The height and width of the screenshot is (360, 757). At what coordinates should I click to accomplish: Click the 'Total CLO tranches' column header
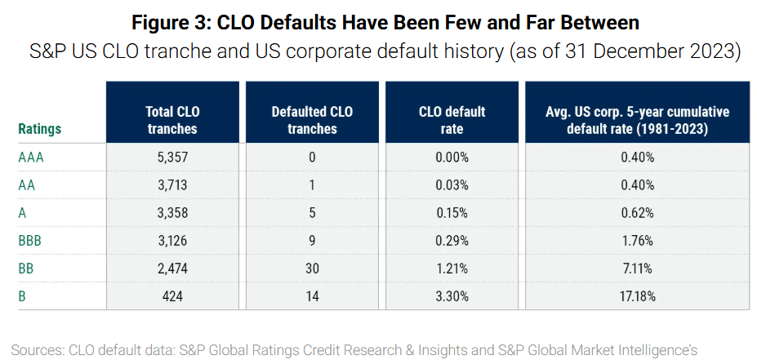coord(172,120)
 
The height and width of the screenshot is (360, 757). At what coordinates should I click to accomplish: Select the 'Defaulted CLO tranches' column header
coord(312,120)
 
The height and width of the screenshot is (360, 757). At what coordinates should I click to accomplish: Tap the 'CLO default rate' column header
coord(451,120)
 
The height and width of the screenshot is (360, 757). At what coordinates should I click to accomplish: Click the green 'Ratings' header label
coord(40,129)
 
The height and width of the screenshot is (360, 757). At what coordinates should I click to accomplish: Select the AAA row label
coord(31,157)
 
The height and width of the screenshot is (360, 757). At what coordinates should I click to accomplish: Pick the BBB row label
coord(30,240)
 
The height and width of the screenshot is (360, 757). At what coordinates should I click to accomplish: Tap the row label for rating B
coord(22,296)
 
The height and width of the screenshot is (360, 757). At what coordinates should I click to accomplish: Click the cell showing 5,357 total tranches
coord(172,157)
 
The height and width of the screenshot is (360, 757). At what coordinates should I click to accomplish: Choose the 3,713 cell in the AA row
coord(172,184)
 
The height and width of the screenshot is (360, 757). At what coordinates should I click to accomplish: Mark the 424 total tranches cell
coord(172,296)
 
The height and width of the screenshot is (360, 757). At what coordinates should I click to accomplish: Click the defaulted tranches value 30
coord(312,268)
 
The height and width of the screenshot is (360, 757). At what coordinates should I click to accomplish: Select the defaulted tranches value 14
coord(312,296)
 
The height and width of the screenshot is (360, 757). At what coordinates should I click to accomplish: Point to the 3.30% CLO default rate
coord(451,296)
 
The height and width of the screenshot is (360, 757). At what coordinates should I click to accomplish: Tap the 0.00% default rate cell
coord(451,157)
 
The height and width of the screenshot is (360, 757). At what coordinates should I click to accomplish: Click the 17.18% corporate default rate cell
coord(636,296)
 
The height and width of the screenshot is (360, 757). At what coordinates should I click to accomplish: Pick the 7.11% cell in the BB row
coord(636,268)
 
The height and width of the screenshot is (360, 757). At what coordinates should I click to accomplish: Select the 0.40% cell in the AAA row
coord(636,157)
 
